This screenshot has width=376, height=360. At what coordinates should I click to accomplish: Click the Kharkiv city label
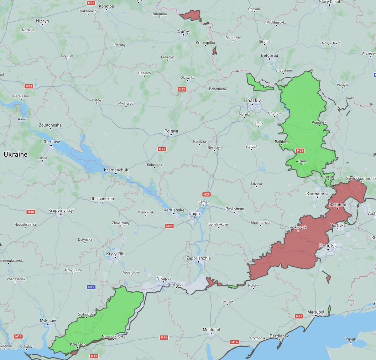[x=252, y=100]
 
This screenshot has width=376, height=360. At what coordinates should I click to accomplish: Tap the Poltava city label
[x=171, y=131]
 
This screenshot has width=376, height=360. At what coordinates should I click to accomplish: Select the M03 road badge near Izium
[x=300, y=151]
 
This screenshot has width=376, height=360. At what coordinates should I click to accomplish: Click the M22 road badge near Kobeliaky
[x=162, y=149]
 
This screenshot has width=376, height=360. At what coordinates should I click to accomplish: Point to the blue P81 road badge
[x=91, y=287]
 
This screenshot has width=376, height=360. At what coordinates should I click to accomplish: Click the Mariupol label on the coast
[x=316, y=312]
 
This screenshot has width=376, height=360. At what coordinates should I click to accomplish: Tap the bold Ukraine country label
[x=16, y=154]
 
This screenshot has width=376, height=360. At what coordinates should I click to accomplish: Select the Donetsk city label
[x=328, y=246]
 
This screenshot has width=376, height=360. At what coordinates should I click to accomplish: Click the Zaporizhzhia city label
[x=199, y=258]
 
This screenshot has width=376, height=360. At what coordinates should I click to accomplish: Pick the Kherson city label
[x=78, y=344]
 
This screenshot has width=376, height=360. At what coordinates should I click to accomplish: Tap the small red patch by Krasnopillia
[x=214, y=51]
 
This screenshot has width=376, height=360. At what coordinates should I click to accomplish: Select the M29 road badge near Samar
[x=206, y=195]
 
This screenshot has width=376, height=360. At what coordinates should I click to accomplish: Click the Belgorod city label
[x=269, y=55]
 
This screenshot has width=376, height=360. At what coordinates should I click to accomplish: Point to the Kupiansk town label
[x=319, y=122]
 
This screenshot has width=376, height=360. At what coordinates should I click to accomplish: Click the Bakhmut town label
[x=338, y=205]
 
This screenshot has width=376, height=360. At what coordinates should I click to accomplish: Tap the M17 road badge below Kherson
[x=94, y=356]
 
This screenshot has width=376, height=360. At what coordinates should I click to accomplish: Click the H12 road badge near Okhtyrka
[x=182, y=89]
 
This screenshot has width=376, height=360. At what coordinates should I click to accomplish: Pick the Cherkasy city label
[x=51, y=142]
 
